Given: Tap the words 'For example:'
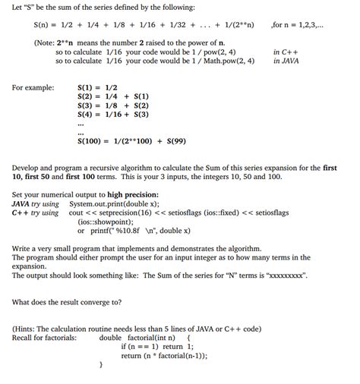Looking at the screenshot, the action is click(x=33, y=87).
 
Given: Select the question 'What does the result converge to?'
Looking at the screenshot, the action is click(x=67, y=301).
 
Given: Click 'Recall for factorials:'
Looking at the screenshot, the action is click(x=44, y=337).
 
